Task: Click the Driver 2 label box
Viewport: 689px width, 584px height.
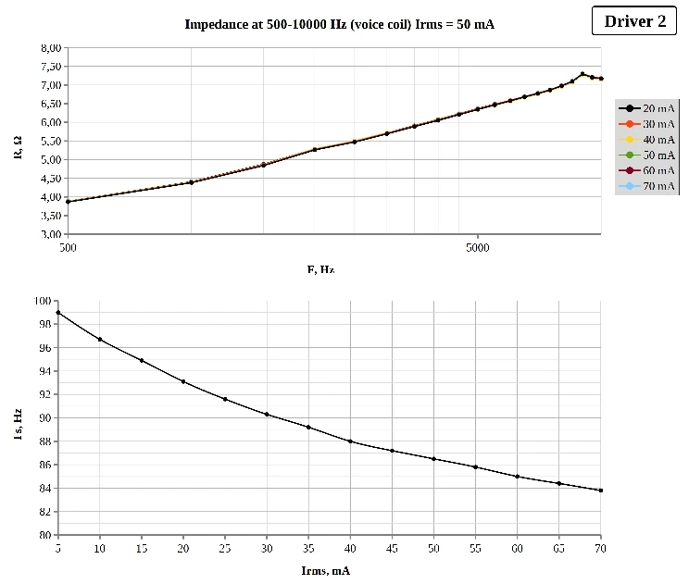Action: tap(634, 21)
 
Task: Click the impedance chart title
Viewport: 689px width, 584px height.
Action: tap(339, 24)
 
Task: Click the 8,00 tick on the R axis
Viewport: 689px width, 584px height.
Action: tap(51, 48)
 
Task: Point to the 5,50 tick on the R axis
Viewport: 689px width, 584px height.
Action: tap(51, 141)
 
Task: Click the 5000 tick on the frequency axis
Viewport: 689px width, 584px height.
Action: tap(477, 248)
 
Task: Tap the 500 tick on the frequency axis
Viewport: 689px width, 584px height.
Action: tap(68, 248)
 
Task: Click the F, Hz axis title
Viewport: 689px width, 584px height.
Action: tap(320, 269)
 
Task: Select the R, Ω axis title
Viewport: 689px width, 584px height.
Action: tap(19, 146)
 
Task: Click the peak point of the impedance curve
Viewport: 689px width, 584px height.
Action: tap(583, 74)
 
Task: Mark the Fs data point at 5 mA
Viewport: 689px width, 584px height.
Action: tap(58, 313)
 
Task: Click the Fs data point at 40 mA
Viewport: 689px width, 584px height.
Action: tap(350, 441)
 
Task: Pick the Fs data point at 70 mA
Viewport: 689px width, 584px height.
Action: tap(601, 491)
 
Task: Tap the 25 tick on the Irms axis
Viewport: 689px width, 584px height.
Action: tap(225, 549)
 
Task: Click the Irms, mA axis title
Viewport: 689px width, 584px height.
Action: tap(326, 570)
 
